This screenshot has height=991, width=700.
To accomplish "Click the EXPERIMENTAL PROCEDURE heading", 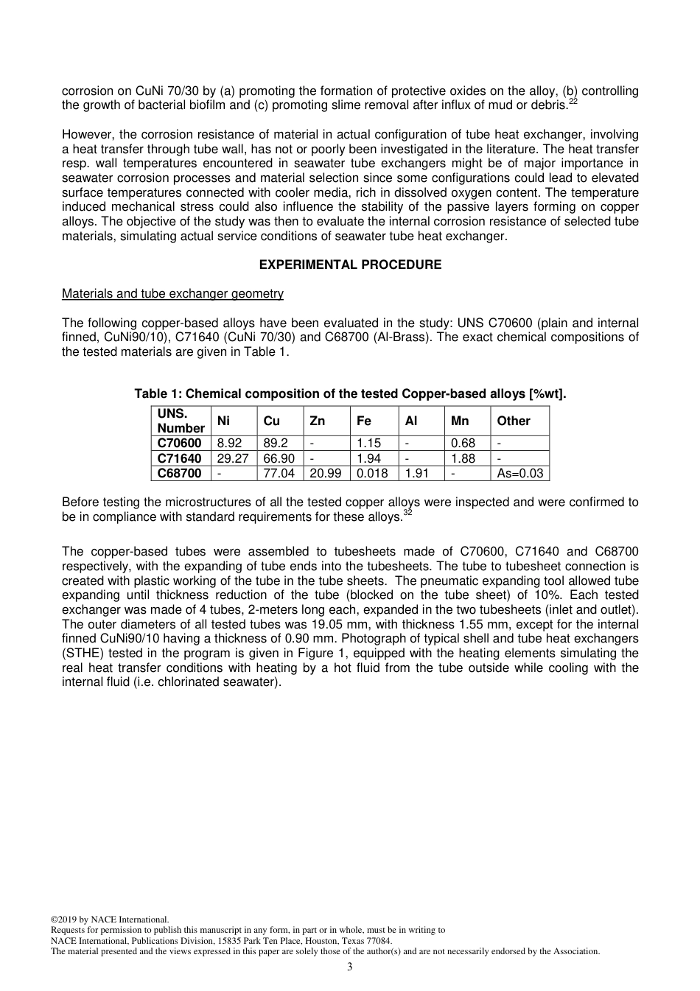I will coord(350,265).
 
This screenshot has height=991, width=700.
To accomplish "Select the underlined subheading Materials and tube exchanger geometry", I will coord(172,293).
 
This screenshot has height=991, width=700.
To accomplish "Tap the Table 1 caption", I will coord(350,393).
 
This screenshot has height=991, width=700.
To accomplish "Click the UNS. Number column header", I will coord(181,421).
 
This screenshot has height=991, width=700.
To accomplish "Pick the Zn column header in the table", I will coord(317,421).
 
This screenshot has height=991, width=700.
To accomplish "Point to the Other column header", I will coord(513,421).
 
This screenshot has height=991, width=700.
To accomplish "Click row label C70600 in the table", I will coord(179,443).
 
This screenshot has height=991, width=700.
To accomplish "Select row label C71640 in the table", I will coord(179,458).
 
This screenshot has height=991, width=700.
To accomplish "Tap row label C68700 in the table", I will coord(179,473).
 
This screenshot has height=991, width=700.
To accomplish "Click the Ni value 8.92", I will coord(229,443).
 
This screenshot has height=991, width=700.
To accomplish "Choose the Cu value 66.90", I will coord(279,458).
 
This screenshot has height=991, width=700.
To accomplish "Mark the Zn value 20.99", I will coord(325,473).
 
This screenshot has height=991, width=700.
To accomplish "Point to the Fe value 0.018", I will coord(372,473).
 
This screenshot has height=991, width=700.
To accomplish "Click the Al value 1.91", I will coord(417,473).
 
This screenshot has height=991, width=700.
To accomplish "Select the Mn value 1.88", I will coord(463,458).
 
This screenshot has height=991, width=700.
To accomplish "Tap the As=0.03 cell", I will coord(519,473).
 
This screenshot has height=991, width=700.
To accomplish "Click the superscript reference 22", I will coord(573,102).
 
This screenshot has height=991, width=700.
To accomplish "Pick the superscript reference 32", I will coord(407,513).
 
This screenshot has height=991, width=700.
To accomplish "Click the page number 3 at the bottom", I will coord(349,967).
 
